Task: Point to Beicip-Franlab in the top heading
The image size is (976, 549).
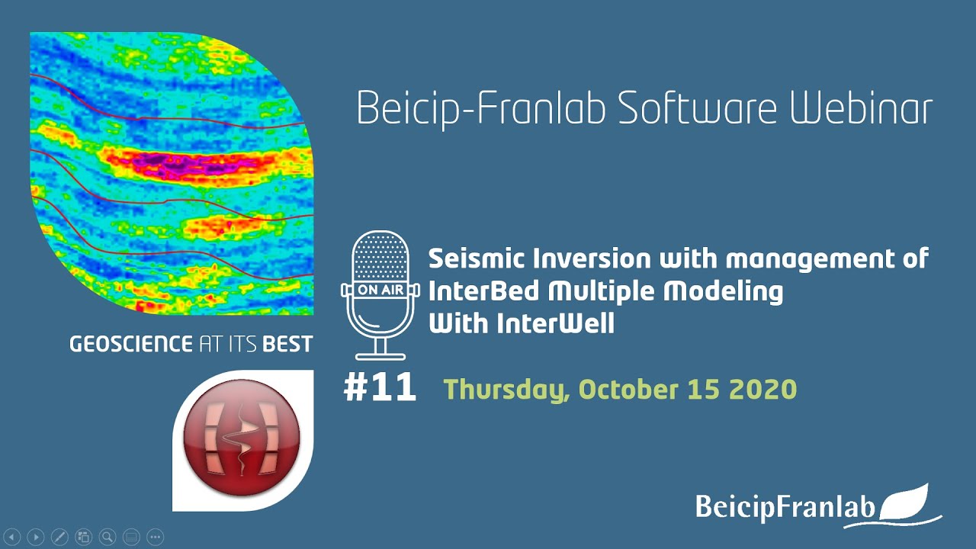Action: click(x=481, y=110)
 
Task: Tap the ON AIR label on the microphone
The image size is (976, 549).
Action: click(x=380, y=290)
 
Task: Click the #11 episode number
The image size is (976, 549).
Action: click(x=380, y=387)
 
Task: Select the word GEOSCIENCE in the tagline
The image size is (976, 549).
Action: click(x=130, y=345)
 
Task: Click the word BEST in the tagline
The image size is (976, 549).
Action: click(x=287, y=345)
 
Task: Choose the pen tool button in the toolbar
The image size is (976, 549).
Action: click(x=59, y=538)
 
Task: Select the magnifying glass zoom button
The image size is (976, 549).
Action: click(x=108, y=538)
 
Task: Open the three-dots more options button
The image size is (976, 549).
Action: click(x=155, y=538)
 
